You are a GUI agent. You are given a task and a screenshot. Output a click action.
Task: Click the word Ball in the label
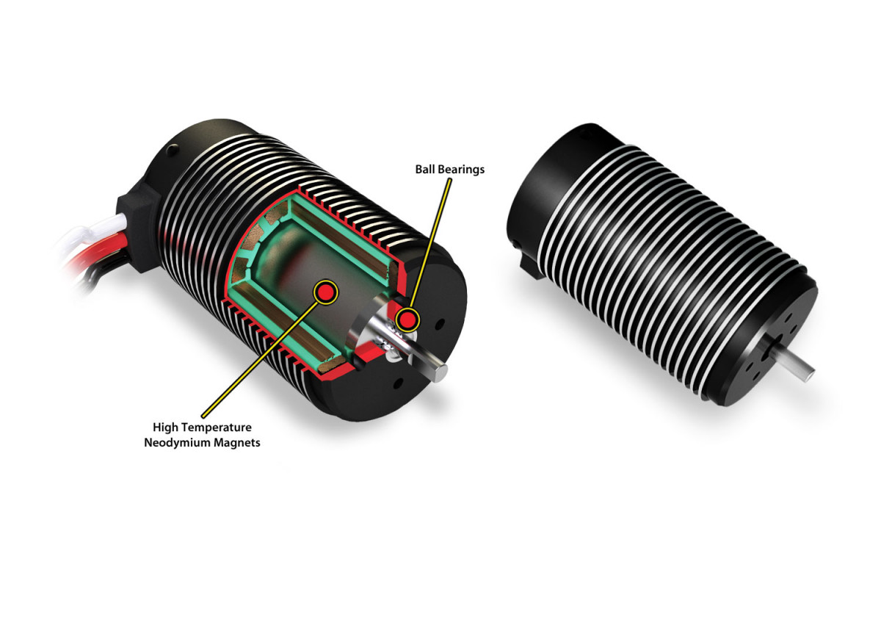(x=427, y=170)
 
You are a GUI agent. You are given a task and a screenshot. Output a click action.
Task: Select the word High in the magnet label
(x=166, y=427)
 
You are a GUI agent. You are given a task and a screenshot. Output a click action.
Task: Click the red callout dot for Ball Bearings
(x=406, y=320)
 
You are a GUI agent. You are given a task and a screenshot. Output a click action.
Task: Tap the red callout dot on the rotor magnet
(x=324, y=292)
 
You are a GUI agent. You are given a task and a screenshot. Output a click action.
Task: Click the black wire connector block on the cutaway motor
(x=143, y=220)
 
